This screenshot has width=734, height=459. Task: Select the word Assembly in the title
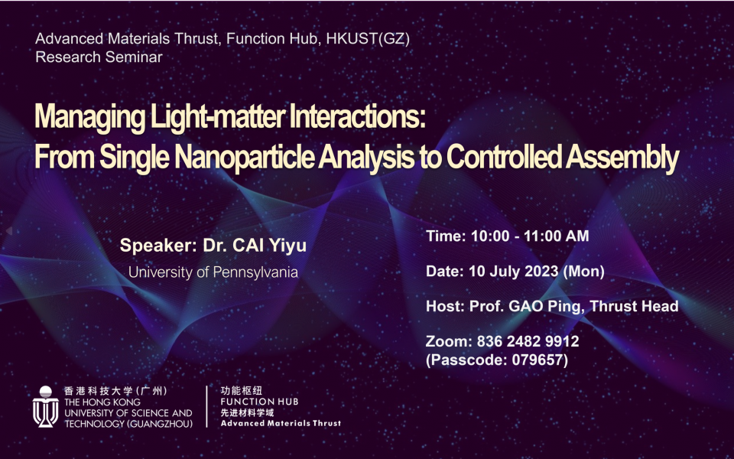tap(622, 158)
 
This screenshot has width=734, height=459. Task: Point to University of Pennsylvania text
tap(213, 272)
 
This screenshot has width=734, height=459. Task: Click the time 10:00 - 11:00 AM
tap(530, 236)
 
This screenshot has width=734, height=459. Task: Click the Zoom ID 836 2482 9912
tap(528, 341)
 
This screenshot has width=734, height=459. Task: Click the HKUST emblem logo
tap(45, 406)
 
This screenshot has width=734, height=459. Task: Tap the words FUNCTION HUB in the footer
tap(259, 402)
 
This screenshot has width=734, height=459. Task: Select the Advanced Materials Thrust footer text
tap(281, 423)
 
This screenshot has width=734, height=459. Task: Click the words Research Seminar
tap(99, 57)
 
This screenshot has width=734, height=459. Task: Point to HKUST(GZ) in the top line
tap(368, 38)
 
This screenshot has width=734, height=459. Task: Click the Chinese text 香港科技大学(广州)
tap(115, 391)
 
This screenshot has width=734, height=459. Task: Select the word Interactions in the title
tap(358, 116)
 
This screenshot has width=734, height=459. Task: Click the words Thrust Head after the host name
tap(634, 306)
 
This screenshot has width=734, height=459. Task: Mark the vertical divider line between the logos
tap(207, 406)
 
